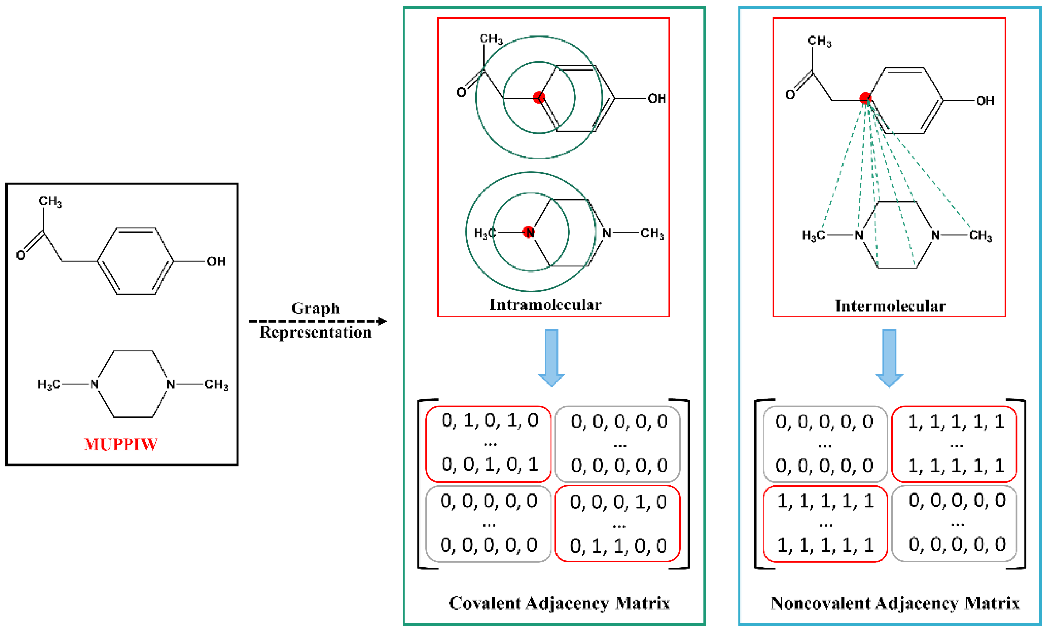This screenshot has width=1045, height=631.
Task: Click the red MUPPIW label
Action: (x=121, y=444)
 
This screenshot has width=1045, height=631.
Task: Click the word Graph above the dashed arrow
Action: (x=315, y=308)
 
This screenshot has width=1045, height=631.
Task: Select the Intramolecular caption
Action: (x=545, y=305)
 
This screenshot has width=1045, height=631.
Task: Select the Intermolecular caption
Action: (x=890, y=306)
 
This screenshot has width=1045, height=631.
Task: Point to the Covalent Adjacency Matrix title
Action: (x=559, y=603)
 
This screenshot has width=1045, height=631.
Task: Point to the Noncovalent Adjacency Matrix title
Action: (x=895, y=603)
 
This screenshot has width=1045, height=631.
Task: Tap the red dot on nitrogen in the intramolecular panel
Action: (x=529, y=232)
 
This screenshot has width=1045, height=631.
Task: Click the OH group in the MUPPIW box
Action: (x=216, y=261)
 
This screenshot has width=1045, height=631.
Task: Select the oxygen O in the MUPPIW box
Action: (x=20, y=255)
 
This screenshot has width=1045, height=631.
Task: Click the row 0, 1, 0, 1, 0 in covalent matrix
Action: (x=490, y=420)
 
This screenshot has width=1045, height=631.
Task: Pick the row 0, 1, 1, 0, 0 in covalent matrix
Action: (x=618, y=546)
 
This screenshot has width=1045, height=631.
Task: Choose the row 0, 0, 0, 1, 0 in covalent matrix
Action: (x=618, y=502)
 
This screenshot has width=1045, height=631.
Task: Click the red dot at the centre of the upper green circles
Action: (x=539, y=97)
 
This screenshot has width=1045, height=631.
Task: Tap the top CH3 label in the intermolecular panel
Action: (x=819, y=42)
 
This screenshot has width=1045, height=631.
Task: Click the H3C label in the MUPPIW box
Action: (x=49, y=385)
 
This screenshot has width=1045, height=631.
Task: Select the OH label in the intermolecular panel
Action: (x=985, y=101)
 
